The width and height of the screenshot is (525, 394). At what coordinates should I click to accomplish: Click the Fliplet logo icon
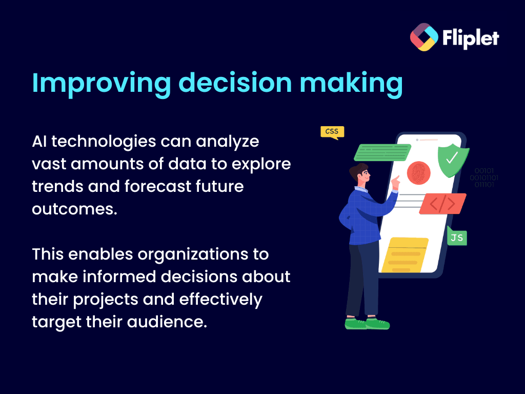click(424, 37)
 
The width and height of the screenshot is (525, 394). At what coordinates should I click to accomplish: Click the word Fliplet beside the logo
click(471, 38)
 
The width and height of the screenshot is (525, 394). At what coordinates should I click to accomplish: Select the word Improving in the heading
click(102, 84)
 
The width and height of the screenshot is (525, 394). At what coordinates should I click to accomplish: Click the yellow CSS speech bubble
click(332, 132)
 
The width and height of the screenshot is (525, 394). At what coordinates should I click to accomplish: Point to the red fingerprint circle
click(418, 173)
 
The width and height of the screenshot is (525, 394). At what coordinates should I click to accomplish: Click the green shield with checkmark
click(453, 160)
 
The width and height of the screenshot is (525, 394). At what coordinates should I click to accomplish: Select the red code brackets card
click(442, 204)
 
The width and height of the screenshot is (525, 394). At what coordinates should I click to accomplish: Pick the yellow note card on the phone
click(405, 255)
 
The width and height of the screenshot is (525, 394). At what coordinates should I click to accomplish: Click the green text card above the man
click(382, 152)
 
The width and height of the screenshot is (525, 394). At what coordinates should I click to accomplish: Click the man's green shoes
click(367, 324)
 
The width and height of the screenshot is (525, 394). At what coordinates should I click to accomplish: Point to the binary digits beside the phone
click(484, 178)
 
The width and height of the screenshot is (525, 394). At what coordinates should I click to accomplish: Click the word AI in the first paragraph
click(39, 142)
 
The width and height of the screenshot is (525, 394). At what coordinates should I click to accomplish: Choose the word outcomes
click(75, 209)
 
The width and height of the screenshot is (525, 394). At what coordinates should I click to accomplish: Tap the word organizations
click(193, 254)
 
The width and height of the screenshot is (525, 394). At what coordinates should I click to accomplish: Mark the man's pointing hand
click(395, 183)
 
